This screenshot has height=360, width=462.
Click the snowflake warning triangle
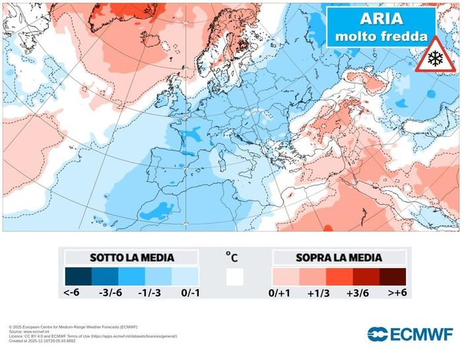(x=434, y=56)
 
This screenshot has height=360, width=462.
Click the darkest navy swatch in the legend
(x=78, y=276)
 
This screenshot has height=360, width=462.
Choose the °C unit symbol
(x=232, y=255)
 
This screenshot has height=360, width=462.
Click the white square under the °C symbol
(x=234, y=277)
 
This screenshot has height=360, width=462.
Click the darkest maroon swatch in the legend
(x=391, y=276)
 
